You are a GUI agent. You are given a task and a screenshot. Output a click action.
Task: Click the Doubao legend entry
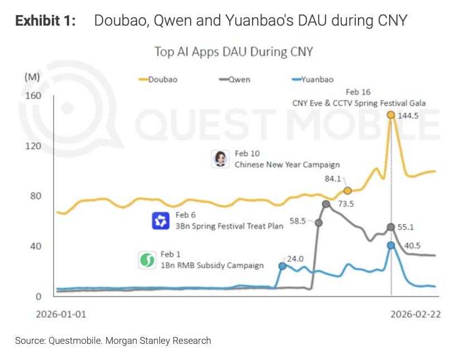pos(158,79)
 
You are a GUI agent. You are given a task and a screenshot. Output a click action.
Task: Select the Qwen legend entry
pos(234,79)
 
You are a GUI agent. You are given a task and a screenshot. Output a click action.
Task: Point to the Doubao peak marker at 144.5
pos(391,115)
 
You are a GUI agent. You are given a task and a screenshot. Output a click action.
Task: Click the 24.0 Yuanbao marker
pos(282,266)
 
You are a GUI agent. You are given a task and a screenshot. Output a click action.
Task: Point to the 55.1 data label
pos(410,227)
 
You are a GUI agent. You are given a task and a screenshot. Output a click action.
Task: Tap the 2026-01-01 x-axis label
pos(61,314)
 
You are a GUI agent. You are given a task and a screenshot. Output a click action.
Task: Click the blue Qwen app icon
pos(161,221)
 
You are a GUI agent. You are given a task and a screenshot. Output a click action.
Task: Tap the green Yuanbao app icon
pos(147,260)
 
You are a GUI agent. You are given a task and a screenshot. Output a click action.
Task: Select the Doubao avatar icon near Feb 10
pos(220,159)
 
